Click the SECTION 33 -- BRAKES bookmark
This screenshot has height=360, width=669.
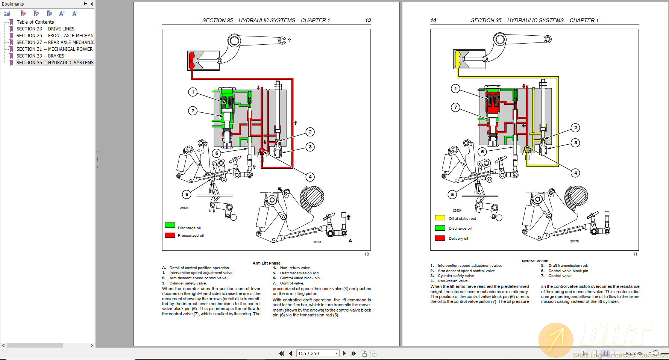pyautogui.click(x=40, y=56)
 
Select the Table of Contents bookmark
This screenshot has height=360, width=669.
pyautogui.click(x=35, y=22)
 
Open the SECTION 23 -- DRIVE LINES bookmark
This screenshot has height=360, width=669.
pyautogui.click(x=45, y=29)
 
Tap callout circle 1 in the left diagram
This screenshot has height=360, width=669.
pyautogui.click(x=193, y=92)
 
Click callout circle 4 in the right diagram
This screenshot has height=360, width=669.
pyautogui.click(x=575, y=173)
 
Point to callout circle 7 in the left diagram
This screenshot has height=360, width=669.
pyautogui.click(x=193, y=110)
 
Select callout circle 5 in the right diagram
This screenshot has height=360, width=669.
pyautogui.click(x=452, y=194)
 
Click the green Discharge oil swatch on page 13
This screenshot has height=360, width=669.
pyautogui.click(x=170, y=225)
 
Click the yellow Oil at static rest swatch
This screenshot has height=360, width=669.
pyautogui.click(x=440, y=218)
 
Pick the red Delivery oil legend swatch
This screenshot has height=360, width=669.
pyautogui.click(x=440, y=238)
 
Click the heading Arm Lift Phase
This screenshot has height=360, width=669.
pyautogui.click(x=266, y=263)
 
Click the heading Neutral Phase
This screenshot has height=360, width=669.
pyautogui.click(x=535, y=261)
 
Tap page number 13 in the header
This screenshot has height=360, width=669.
pyautogui.click(x=368, y=20)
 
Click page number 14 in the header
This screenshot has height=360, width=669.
pyautogui.click(x=433, y=20)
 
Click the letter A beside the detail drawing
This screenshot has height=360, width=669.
pyautogui.click(x=350, y=241)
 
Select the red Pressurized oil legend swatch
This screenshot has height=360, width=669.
pyautogui.click(x=170, y=235)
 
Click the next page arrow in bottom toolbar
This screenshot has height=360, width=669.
pyautogui.click(x=344, y=353)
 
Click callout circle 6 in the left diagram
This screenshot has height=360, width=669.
pyautogui.click(x=217, y=153)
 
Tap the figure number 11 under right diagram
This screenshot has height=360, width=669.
pyautogui.click(x=635, y=254)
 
